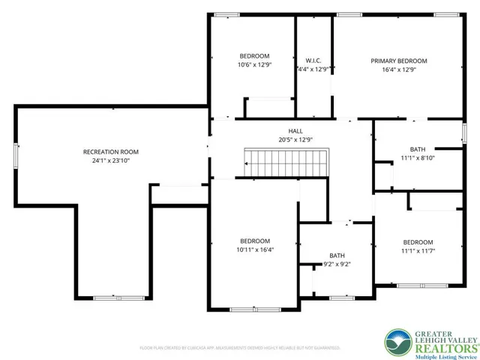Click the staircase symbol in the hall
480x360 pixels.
(286, 160)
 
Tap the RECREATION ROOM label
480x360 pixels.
(110, 151)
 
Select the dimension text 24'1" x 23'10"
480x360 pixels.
(110, 160)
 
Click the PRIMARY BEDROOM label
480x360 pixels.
(398, 61)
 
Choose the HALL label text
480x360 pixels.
(285, 130)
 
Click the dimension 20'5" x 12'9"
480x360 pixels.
(285, 139)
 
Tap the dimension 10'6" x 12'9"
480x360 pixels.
(254, 65)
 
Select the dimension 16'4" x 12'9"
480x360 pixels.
(398, 70)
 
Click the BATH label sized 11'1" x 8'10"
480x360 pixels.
(417, 148)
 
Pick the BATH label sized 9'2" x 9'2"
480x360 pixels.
(337, 255)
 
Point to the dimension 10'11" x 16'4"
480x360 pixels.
(254, 250)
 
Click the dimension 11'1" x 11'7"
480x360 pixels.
(417, 251)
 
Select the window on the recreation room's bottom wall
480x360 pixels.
(109, 298)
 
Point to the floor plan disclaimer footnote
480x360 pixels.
(240, 348)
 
